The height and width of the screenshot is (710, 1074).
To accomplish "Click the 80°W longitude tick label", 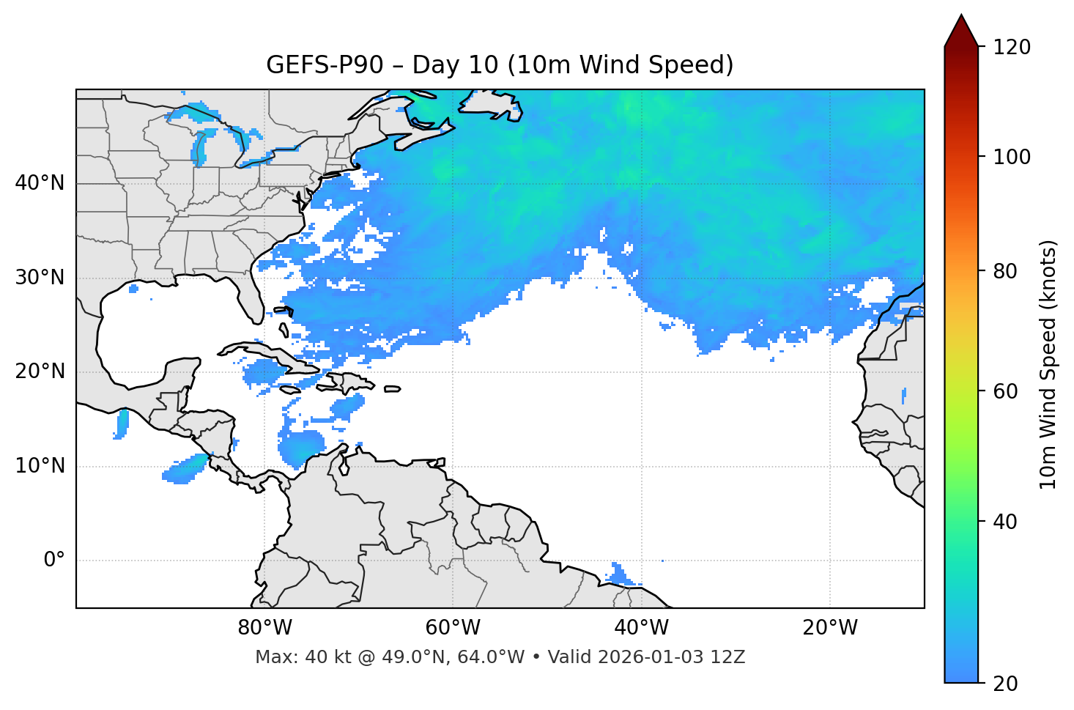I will coord(264,628).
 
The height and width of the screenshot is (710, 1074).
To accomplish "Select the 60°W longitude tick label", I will coord(453,628).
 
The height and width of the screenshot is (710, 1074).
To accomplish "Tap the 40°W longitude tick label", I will coord(641,628).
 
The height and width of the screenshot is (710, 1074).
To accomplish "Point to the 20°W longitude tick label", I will coord(829,628).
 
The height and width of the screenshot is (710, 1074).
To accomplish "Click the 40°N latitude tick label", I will coord(40,183).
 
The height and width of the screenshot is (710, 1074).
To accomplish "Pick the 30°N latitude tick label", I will coord(40,278).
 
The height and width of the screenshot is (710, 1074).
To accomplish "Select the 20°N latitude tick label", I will coord(40,371).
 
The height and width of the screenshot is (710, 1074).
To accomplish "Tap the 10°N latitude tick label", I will coord(40,466).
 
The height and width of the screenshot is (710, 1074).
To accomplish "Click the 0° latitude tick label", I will coord(54,561).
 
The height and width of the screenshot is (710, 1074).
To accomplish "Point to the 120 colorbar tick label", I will coord(1012,48).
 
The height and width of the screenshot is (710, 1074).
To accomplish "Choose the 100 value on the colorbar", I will coord(1012,157).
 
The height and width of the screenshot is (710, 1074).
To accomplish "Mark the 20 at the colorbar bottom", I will coord(1005,684).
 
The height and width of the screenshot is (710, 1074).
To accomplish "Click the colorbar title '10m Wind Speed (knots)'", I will coord(1048,365).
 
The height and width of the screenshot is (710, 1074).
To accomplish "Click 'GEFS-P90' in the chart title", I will coord(325,65).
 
